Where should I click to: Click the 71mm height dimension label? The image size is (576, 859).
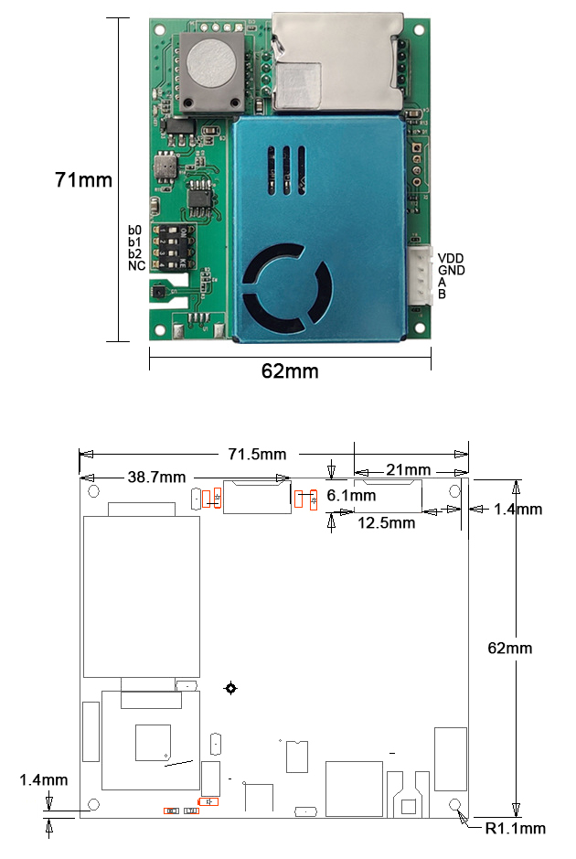point(83,180)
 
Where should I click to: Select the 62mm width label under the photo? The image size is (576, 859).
point(290,370)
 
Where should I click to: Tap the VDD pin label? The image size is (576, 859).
point(451,258)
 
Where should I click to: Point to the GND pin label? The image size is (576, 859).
point(451,270)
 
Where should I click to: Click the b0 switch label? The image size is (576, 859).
point(134,230)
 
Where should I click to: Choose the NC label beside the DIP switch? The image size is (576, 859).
point(136,265)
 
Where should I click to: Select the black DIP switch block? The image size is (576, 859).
point(171,246)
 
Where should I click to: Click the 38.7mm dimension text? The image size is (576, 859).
point(157,477)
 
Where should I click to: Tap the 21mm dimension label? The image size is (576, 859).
point(408,470)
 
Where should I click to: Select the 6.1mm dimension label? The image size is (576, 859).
point(351,495)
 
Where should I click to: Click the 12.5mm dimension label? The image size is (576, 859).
point(386,523)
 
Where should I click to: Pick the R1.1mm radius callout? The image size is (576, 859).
point(515,829)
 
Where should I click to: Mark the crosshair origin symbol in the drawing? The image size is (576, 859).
point(231,688)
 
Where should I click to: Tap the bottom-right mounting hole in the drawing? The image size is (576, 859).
point(456,804)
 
